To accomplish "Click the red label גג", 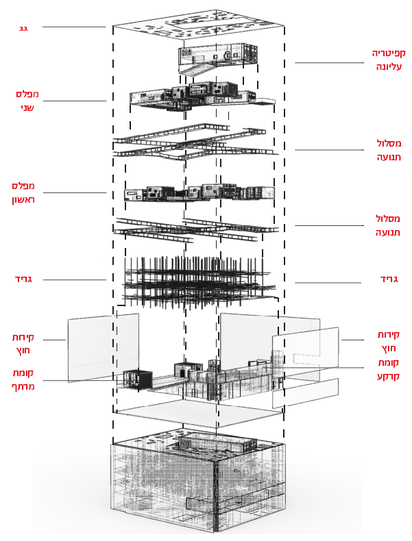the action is (x=23, y=28).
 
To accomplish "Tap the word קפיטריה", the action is (x=389, y=53).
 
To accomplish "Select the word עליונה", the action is (x=389, y=66).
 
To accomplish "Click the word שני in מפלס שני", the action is (x=27, y=108).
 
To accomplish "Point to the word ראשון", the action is (x=23, y=200).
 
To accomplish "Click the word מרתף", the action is (x=23, y=386).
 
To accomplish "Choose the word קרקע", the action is (x=388, y=376).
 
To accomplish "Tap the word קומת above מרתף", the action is (x=23, y=373).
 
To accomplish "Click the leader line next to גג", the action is (x=74, y=27).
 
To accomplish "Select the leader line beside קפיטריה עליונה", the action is (x=329, y=63).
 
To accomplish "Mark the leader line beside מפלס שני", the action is (x=75, y=101).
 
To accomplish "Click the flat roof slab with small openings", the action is (x=199, y=23).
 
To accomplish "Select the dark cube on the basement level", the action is (x=138, y=379).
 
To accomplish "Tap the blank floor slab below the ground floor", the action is (x=199, y=413).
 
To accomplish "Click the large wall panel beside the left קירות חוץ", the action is (x=103, y=347).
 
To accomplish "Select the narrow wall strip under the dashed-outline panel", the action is (x=305, y=393).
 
